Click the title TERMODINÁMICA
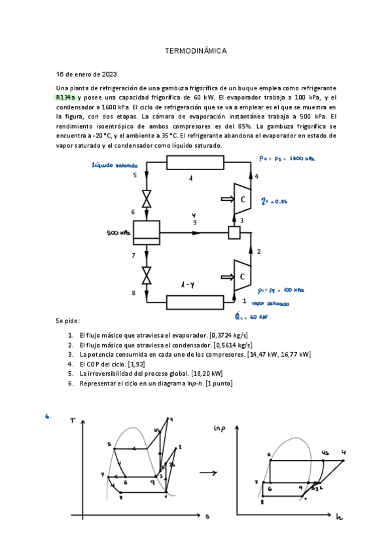click(195, 50)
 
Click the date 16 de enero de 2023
click(87, 74)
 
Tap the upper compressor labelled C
click(242, 200)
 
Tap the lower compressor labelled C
click(242, 276)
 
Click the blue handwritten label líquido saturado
click(115, 166)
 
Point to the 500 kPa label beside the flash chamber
click(118, 232)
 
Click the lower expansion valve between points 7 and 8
click(147, 274)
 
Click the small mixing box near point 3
click(234, 232)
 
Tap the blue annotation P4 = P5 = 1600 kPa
click(287, 158)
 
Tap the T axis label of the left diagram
click(72, 420)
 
